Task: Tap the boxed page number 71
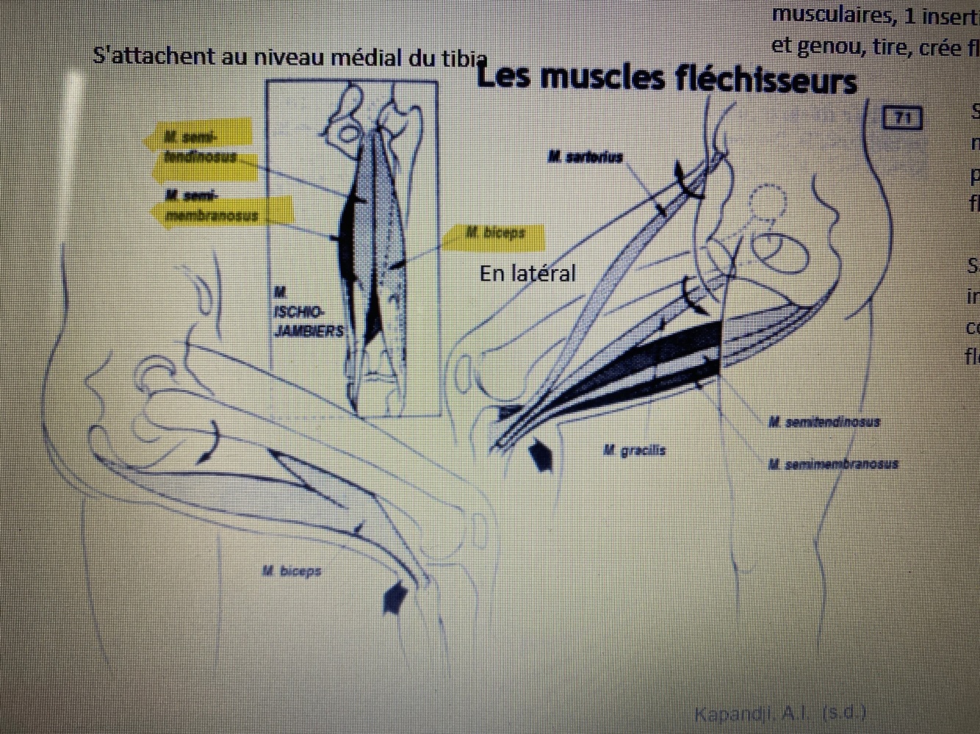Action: (902, 118)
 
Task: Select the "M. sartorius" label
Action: (585, 156)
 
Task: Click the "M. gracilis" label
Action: (634, 450)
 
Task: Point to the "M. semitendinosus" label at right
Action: (824, 422)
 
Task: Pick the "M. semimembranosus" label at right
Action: (833, 464)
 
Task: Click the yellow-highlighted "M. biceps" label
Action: (496, 234)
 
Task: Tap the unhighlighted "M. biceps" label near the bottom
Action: (292, 571)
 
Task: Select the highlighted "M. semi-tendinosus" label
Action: (200, 146)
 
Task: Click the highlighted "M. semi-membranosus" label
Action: (212, 206)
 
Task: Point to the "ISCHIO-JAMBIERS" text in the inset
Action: (309, 321)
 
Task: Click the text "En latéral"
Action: (527, 273)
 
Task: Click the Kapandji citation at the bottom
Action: (780, 713)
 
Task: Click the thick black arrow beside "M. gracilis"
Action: (541, 455)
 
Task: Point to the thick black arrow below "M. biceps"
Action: (394, 597)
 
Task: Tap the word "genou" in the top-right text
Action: (832, 47)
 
